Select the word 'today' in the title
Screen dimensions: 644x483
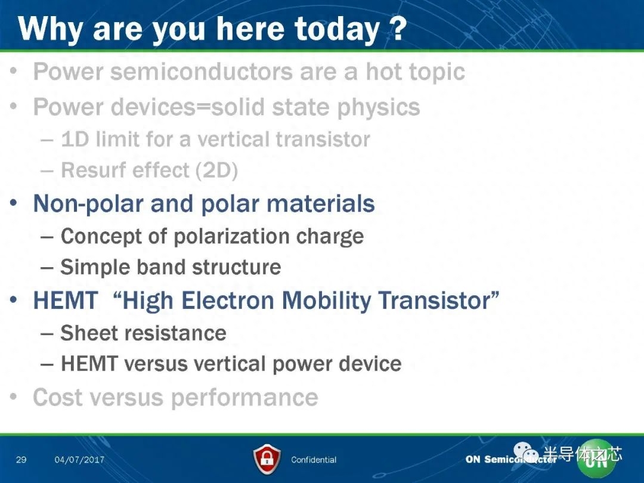coord(337,30)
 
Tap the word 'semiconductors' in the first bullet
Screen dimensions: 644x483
coord(202,72)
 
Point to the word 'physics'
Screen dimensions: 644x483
coord(379,107)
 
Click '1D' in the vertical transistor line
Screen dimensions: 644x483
coord(75,139)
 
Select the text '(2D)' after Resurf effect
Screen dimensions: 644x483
coord(216,171)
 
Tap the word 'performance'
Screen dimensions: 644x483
coord(244,398)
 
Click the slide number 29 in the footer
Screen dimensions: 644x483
coord(21,459)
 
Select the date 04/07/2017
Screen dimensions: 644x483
coord(79,460)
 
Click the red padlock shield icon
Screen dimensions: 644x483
coord(267,459)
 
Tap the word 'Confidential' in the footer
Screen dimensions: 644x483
coord(314,460)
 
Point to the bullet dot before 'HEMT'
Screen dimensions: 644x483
coord(14,299)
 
